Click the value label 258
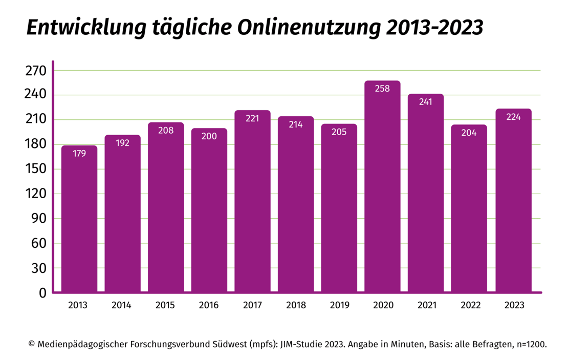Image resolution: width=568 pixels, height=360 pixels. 382,89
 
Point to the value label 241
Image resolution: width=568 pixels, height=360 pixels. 425,102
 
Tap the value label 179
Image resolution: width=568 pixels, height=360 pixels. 79,153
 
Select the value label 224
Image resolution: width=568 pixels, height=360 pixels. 513,117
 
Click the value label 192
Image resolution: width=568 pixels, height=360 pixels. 122,143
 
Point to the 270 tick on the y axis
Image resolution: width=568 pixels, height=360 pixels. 36,71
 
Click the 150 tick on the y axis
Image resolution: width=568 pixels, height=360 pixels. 36,170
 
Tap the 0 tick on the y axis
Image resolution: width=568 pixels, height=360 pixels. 42,293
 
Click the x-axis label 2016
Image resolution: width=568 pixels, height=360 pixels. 209,306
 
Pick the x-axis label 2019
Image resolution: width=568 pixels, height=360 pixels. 339,306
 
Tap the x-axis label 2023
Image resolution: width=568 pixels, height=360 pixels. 514,306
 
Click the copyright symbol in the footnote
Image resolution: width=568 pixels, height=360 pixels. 31,345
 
